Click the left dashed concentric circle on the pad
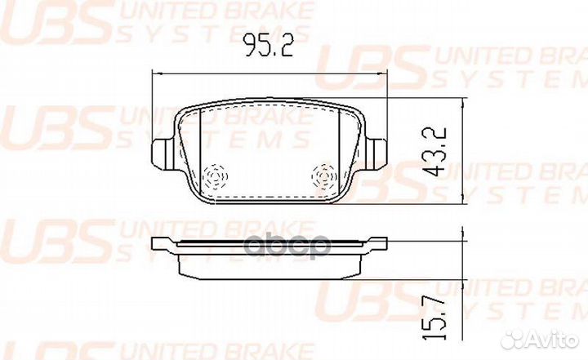tap(216, 176)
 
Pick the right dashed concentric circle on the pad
tap(325, 176)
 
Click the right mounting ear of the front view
tap(378, 152)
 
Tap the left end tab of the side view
tap(163, 242)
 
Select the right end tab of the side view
tap(376, 242)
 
